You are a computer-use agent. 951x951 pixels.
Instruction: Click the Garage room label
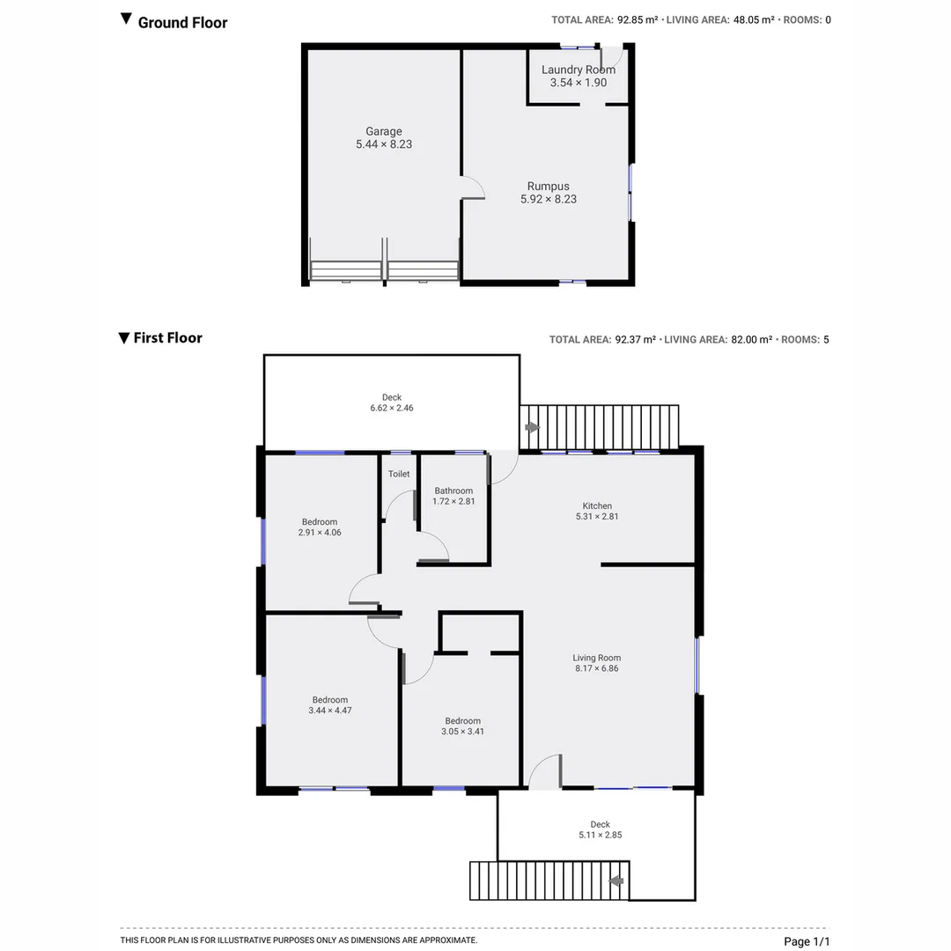(383, 132)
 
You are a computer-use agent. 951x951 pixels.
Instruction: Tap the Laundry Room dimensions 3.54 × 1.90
(578, 83)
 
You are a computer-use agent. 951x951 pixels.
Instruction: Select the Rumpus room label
(548, 187)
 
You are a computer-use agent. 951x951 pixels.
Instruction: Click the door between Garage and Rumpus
(473, 187)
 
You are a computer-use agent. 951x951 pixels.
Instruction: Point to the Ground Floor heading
(182, 23)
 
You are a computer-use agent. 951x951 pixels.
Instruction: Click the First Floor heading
(167, 338)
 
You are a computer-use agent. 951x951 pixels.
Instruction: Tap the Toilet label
(399, 474)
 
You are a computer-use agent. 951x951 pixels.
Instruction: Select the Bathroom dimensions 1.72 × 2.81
(453, 502)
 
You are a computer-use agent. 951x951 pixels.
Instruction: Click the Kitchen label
(597, 505)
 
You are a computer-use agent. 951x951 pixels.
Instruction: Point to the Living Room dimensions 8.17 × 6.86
(597, 668)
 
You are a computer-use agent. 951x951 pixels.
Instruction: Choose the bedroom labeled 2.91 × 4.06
(320, 527)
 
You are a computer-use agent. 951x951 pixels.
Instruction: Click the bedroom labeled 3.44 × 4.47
(330, 705)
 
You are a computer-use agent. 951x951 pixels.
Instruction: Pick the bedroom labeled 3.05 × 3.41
(462, 726)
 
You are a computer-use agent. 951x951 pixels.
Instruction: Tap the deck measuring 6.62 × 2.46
(392, 403)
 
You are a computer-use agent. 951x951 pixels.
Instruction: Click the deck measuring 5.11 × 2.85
(600, 829)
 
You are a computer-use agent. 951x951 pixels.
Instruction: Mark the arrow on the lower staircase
(617, 880)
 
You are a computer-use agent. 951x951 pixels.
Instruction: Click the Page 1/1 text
(807, 941)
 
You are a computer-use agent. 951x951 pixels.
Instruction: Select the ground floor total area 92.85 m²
(636, 20)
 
